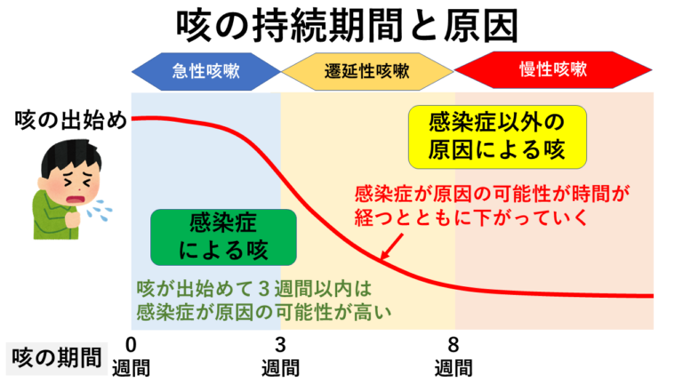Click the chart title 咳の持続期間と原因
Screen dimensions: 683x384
point(347,26)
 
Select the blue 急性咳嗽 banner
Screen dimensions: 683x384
point(206,71)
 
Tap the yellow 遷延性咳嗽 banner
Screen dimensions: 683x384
point(367,71)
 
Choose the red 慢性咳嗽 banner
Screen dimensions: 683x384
point(553,69)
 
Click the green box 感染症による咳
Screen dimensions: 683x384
point(223,237)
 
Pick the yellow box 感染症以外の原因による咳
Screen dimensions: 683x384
point(497,137)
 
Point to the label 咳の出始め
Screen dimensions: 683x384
point(70,120)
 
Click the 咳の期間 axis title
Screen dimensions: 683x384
point(57,358)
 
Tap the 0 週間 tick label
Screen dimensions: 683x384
point(131,356)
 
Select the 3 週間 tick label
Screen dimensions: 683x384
point(280,356)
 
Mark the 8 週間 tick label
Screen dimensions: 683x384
point(454,356)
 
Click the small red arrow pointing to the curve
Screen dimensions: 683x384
point(391,247)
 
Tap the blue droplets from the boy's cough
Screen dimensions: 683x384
point(99,211)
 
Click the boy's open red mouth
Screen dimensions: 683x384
point(76,200)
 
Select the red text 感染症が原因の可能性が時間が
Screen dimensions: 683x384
point(493,194)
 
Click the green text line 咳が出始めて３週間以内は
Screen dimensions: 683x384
point(254,288)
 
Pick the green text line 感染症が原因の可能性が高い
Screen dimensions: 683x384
point(264,312)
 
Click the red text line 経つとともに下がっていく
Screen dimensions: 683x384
point(471,217)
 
